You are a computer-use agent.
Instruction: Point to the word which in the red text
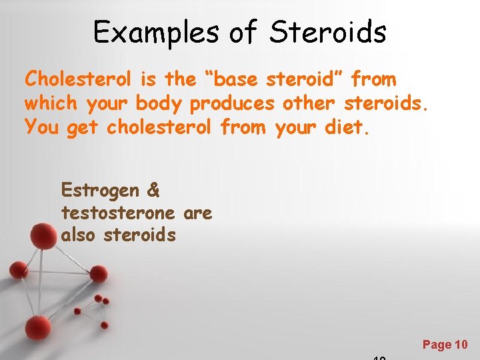[51, 103]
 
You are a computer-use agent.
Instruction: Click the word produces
[232, 104]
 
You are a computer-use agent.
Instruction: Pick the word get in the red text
[83, 127]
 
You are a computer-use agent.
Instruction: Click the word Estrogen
[100, 191]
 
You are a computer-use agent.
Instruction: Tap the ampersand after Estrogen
[153, 190]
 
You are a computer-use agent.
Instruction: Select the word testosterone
[118, 213]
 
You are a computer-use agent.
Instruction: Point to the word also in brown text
[79, 235]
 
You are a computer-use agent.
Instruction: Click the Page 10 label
[445, 345]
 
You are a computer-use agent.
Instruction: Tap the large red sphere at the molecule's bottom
[38, 327]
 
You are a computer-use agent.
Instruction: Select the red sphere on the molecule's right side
[99, 273]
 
